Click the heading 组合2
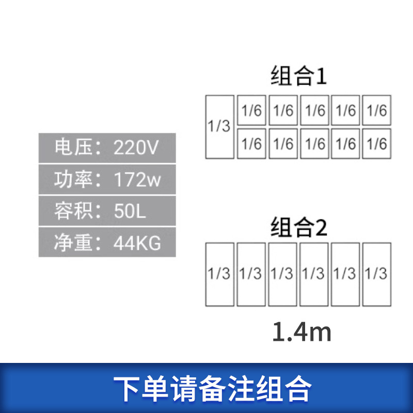coord(299,228)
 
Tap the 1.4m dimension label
coord(301,333)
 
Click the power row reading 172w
coord(107,180)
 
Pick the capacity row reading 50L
coord(107,211)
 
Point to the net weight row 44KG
coord(107,242)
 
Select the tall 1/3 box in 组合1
coord(219,127)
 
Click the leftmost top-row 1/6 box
coord(251,110)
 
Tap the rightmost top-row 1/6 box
coord(376,110)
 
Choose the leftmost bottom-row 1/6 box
coord(251,144)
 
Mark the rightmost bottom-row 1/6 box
coord(376,144)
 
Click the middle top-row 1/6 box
coord(314,110)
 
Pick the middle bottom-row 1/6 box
coord(314,144)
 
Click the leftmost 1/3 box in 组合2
coord(219,274)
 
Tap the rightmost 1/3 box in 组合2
coord(376,274)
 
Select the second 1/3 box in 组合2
coord(251,274)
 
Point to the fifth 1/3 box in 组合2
coord(345,274)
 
